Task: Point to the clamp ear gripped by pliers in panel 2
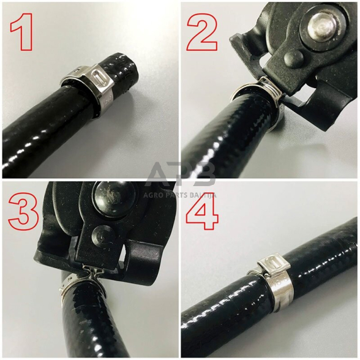point(268,88)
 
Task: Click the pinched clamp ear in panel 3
point(89,271)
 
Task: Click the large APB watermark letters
point(180,174)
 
